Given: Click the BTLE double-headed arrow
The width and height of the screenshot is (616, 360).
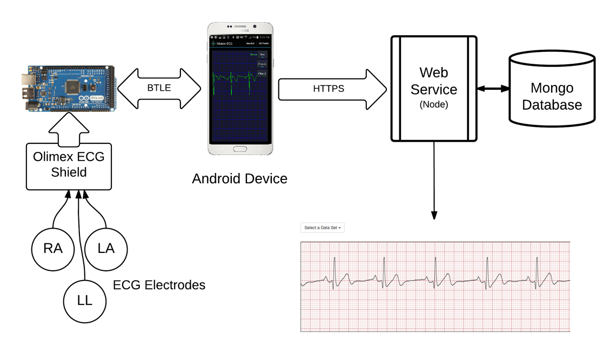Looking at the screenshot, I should [159, 88].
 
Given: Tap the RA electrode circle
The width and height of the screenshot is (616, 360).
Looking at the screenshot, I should [53, 248].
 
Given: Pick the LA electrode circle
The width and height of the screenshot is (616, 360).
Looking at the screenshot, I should [106, 248].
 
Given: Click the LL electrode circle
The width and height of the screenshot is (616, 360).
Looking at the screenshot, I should [84, 301].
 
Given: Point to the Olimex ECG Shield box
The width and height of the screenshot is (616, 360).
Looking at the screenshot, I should [69, 166].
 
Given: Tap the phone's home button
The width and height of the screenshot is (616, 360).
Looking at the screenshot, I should [239, 149].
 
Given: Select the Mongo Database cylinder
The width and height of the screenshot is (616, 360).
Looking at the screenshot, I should [552, 89].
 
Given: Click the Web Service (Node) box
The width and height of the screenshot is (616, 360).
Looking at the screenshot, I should [434, 89].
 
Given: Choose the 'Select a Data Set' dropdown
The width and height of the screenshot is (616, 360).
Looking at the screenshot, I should [323, 228].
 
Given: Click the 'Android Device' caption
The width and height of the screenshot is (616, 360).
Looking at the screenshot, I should [239, 178].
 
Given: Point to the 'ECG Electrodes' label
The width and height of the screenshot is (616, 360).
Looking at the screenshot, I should [159, 285].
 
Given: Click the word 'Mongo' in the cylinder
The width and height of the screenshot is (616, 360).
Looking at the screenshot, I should [552, 88].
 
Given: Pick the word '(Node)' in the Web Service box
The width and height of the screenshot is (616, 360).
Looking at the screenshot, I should [434, 105].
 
